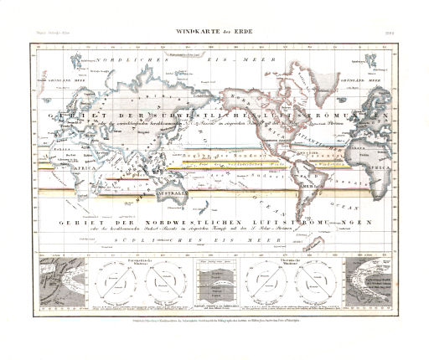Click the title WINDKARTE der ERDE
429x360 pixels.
(214, 32)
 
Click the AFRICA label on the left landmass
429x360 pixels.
(52, 166)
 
